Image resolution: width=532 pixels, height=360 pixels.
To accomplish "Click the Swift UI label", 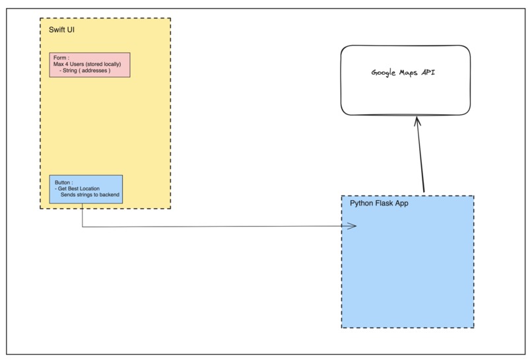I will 61,30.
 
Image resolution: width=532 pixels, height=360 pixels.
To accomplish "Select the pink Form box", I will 90,65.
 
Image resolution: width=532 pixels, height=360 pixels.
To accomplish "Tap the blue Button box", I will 86,189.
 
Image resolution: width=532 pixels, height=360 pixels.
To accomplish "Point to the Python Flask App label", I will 379,203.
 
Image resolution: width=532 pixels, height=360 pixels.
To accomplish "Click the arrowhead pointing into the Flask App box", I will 351,227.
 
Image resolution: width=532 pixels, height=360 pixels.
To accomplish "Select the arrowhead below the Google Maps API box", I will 416,122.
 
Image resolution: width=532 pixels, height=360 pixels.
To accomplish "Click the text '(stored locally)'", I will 102,64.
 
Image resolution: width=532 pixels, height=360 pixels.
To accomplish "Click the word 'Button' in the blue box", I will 63,182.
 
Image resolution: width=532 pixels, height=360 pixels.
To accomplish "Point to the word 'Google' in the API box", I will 383,73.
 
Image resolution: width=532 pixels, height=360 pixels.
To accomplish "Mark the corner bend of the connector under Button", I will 83,227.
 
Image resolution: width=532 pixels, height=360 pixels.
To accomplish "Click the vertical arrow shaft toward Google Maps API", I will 420,159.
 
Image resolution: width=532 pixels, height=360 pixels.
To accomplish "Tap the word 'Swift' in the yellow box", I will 56,30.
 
